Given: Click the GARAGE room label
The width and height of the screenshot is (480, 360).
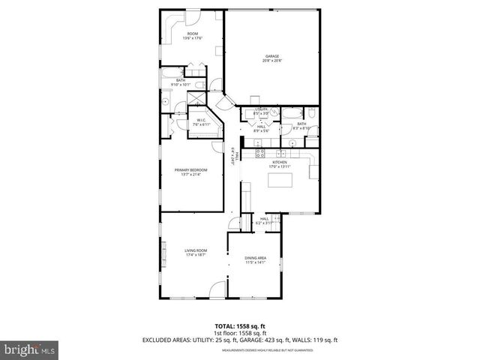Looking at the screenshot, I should [271, 56].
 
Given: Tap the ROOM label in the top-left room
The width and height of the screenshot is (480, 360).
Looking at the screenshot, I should [193, 34].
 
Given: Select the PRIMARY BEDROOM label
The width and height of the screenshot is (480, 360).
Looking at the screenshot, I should [190, 170].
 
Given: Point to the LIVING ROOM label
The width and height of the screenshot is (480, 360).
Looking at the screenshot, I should [196, 250].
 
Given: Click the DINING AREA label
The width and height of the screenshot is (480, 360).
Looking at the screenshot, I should [255, 258].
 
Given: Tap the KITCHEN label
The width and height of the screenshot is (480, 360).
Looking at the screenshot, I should [279, 162].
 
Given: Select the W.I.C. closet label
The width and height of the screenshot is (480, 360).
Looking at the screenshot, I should [202, 119].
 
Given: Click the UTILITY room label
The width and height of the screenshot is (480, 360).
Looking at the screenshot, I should [261, 109].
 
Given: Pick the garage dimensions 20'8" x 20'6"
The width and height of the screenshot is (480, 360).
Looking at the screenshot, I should [271, 61].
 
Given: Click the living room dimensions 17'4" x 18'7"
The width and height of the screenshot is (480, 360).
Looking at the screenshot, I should [196, 254].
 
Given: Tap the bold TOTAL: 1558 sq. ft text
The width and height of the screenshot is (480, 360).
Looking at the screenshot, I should [239, 326].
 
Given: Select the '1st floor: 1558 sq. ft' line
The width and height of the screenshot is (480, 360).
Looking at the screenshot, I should [239, 333].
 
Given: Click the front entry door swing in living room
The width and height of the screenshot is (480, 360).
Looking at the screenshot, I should [217, 288].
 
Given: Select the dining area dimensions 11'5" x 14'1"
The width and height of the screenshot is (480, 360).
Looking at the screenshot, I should [255, 262].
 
